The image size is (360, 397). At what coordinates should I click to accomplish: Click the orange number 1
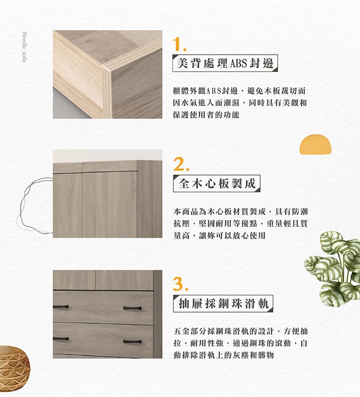tap(179, 44)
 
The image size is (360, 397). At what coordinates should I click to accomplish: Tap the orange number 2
tap(181, 164)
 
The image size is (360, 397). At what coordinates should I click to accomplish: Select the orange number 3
tap(180, 284)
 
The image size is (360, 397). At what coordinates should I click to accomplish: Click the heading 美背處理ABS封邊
tap(225, 63)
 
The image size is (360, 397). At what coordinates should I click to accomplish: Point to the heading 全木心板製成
tap(217, 183)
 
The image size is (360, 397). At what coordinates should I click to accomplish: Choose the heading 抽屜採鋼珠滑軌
tap(223, 304)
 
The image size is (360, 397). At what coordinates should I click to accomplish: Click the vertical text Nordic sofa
tap(24, 47)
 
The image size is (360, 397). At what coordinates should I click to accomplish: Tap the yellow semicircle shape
tap(315, 144)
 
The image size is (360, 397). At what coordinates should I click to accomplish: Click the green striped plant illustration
tap(335, 269)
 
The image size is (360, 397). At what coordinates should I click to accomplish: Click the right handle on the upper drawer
tap(132, 308)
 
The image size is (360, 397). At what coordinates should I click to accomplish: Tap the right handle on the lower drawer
tap(132, 341)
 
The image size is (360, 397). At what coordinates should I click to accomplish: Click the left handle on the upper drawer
tap(61, 307)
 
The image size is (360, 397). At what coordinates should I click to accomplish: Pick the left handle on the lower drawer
tap(61, 339)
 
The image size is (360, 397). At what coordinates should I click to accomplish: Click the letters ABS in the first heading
tap(238, 63)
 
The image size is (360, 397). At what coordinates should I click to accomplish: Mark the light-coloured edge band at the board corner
tap(106, 91)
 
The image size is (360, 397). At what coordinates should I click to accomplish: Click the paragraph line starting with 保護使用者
tap(206, 115)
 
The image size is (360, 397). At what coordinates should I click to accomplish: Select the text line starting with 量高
tap(219, 236)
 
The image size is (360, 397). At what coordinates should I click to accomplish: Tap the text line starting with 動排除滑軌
tap(224, 355)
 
